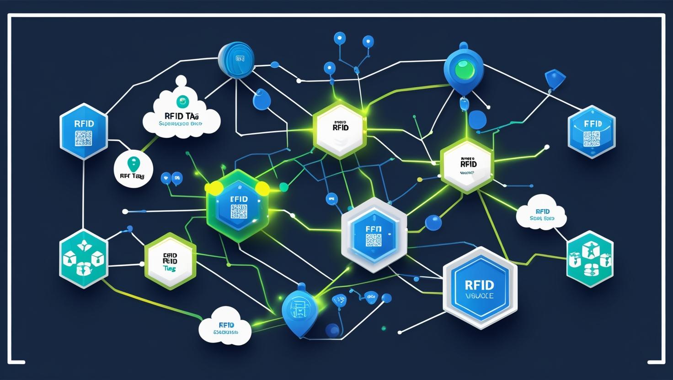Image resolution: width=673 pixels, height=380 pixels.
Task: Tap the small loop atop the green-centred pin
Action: point(464,46)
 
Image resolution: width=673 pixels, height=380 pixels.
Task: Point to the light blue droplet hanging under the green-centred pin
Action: point(465,105)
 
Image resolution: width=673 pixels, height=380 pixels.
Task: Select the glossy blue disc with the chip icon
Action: point(236,59)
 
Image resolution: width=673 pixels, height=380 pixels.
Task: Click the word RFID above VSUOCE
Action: point(479,285)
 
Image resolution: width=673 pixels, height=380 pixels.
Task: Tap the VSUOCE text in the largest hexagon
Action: point(479,296)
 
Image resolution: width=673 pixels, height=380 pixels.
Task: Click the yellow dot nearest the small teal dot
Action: point(262,188)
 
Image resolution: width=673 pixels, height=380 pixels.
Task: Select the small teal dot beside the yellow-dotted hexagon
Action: point(283,186)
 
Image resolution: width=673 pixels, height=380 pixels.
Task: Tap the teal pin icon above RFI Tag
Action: point(133,163)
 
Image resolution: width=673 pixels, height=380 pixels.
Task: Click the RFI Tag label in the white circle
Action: point(132,176)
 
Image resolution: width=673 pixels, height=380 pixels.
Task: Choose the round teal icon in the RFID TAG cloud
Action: point(182,102)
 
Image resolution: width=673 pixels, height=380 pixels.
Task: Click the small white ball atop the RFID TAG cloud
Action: point(182,80)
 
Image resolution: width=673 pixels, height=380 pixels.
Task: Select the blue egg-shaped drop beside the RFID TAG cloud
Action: point(262,99)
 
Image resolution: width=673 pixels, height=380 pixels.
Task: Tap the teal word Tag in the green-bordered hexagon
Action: point(170,269)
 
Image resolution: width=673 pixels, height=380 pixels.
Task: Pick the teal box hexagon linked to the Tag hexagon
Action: point(84,259)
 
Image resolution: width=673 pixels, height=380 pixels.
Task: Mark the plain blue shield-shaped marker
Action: point(552,79)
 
